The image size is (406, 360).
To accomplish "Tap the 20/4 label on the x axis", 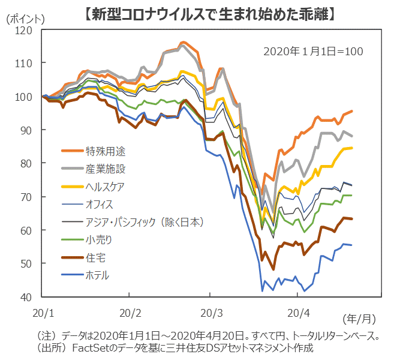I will [x=299, y=313].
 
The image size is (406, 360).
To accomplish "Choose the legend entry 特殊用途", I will [x=106, y=150].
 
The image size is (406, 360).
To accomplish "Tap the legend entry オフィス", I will [x=99, y=204].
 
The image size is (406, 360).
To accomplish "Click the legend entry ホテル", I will [x=98, y=276].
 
